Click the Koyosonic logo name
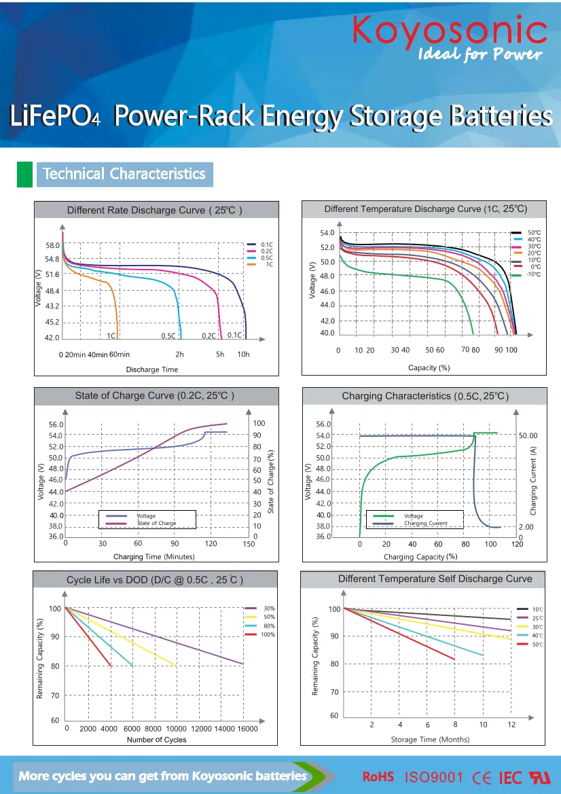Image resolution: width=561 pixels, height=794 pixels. pos(450,31)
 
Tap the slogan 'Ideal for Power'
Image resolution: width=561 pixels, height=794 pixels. pos(479,54)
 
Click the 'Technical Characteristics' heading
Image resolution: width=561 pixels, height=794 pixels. pos(124,174)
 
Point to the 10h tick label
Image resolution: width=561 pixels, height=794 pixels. pos(243,355)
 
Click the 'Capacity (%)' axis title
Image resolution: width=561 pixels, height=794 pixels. pos(429,367)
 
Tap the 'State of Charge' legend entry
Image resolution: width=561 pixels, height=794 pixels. pos(156,523)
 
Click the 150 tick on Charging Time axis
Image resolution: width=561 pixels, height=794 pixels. pos(249,543)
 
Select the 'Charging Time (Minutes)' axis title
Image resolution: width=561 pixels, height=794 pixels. pos(153,557)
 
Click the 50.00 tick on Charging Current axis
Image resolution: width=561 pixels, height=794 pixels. pos(528,435)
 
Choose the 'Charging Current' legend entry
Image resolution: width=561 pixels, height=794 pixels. pos(425,524)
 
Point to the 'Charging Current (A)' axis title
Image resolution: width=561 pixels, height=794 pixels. pos(533,480)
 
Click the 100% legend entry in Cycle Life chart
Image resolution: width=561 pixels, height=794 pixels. pos(268,634)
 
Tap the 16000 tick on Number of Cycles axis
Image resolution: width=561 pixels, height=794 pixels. pos(247,729)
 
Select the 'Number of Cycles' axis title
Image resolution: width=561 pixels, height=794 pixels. pos(156,740)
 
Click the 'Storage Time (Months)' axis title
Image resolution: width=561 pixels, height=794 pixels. pos(430,739)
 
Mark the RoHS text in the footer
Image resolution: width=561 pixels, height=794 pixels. pos(378,776)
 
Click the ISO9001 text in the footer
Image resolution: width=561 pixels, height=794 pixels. pos(434,776)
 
